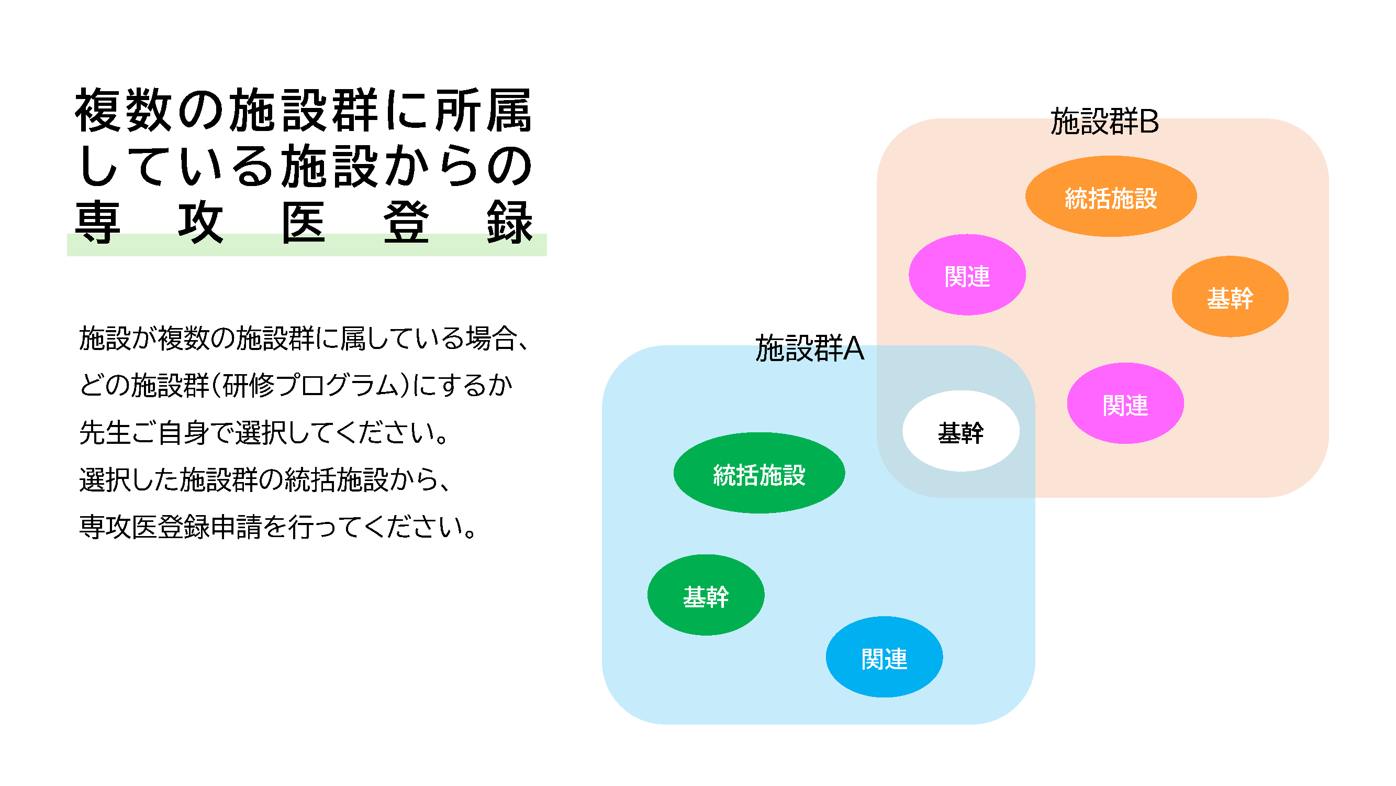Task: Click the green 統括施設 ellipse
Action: point(758,473)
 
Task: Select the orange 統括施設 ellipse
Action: point(1110,196)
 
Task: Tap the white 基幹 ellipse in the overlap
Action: point(961,431)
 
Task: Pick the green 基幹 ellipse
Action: point(706,595)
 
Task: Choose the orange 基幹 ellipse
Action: point(1230,297)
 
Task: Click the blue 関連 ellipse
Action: point(884,657)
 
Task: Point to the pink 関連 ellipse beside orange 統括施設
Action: point(967,275)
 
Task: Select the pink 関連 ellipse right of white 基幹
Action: point(1125,403)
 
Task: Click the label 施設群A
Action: point(809,348)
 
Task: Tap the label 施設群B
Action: point(1104,122)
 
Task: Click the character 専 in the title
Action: point(97,222)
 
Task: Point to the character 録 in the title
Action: point(509,222)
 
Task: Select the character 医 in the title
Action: point(304,222)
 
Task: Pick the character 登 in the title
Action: point(406,222)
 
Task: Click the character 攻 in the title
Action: point(200,222)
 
